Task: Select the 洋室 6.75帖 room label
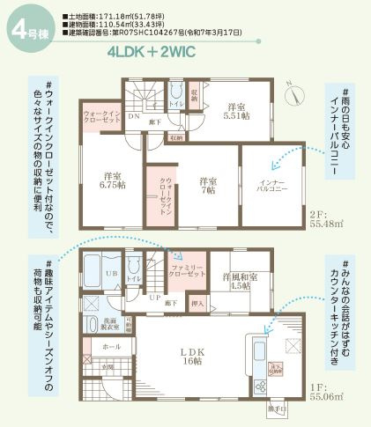click(x=110, y=179)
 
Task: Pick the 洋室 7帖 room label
click(x=208, y=185)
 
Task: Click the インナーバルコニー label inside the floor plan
click(x=268, y=186)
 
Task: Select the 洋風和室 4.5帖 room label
click(x=240, y=281)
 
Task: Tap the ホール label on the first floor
click(x=111, y=347)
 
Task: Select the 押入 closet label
click(x=197, y=305)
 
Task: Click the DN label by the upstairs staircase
click(x=133, y=115)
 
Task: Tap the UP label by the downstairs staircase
click(x=154, y=298)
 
